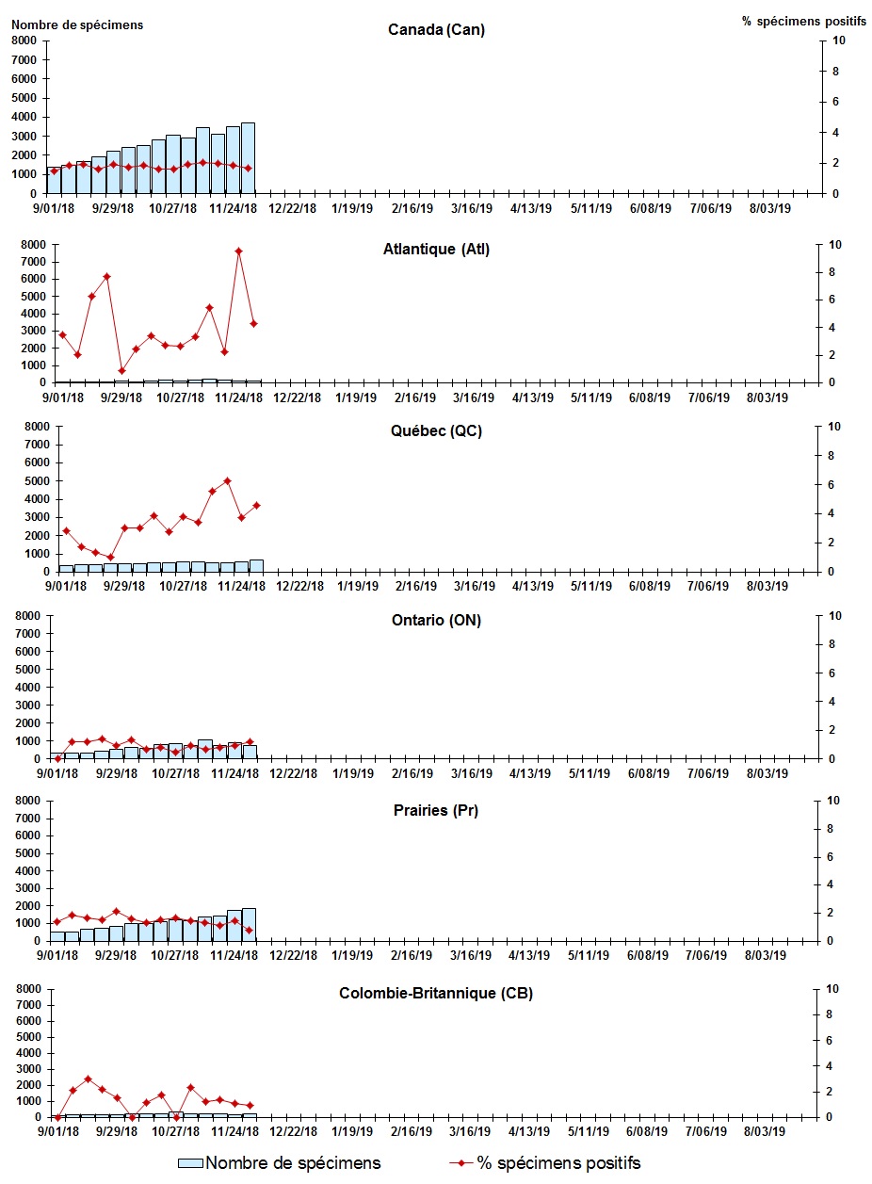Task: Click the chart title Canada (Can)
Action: pyautogui.click(x=436, y=30)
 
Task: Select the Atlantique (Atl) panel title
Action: pyautogui.click(x=436, y=250)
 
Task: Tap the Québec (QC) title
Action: pyautogui.click(x=436, y=431)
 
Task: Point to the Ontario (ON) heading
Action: pyautogui.click(x=436, y=620)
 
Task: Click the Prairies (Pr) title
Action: pyautogui.click(x=436, y=810)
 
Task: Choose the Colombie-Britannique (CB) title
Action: pyautogui.click(x=436, y=993)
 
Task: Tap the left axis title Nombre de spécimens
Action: pyautogui.click(x=77, y=24)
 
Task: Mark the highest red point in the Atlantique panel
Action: pyautogui.click(x=239, y=251)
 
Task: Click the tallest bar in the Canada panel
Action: pyautogui.click(x=248, y=157)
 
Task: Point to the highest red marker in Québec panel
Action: pyautogui.click(x=227, y=480)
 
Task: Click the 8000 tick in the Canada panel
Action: pyautogui.click(x=25, y=41)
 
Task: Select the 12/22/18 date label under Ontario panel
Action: pyautogui.click(x=294, y=773)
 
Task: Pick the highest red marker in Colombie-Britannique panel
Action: pyautogui.click(x=88, y=1079)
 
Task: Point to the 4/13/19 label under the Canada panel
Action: pyautogui.click(x=531, y=208)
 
